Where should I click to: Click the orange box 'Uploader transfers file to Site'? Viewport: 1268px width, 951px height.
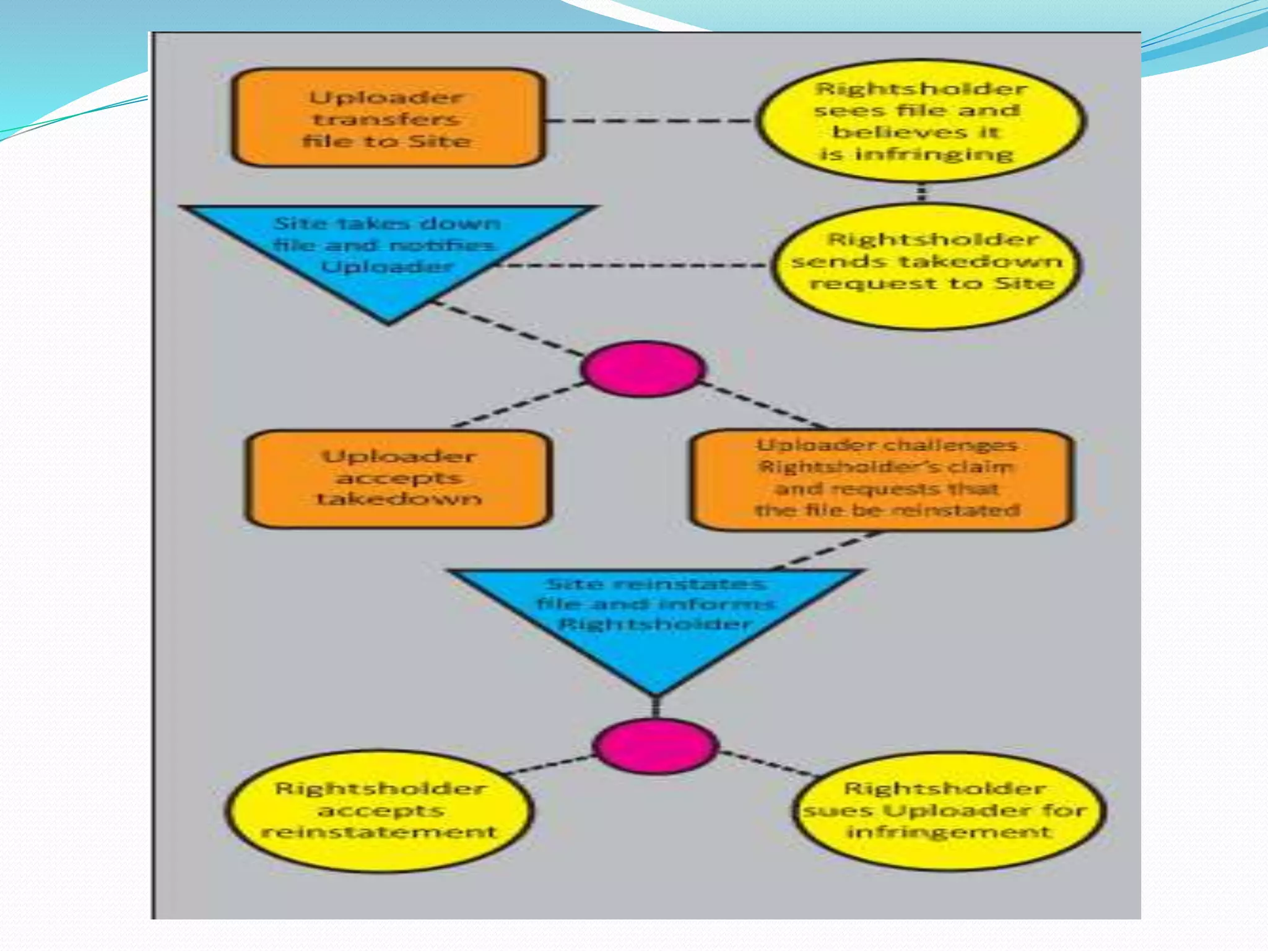point(388,118)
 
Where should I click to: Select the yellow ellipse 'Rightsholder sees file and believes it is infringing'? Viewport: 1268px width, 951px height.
point(921,121)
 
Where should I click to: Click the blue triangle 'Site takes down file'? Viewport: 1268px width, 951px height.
point(388,254)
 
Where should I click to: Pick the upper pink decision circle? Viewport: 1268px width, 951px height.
point(643,369)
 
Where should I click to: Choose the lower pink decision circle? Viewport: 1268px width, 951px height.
point(656,745)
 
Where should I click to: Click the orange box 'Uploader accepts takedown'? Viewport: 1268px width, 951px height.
point(398,479)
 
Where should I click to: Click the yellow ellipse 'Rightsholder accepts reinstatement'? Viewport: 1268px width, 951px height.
point(380,810)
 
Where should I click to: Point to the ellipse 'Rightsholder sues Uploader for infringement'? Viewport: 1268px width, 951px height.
point(949,810)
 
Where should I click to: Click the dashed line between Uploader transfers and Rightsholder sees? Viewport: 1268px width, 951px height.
point(650,120)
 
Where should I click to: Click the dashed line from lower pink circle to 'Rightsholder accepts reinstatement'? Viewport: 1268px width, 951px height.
point(548,765)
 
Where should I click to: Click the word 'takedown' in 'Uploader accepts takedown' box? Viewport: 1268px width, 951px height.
point(399,499)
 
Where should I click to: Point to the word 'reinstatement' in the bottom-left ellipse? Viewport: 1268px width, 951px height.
point(380,832)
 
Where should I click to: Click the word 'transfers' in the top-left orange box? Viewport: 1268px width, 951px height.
point(386,119)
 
